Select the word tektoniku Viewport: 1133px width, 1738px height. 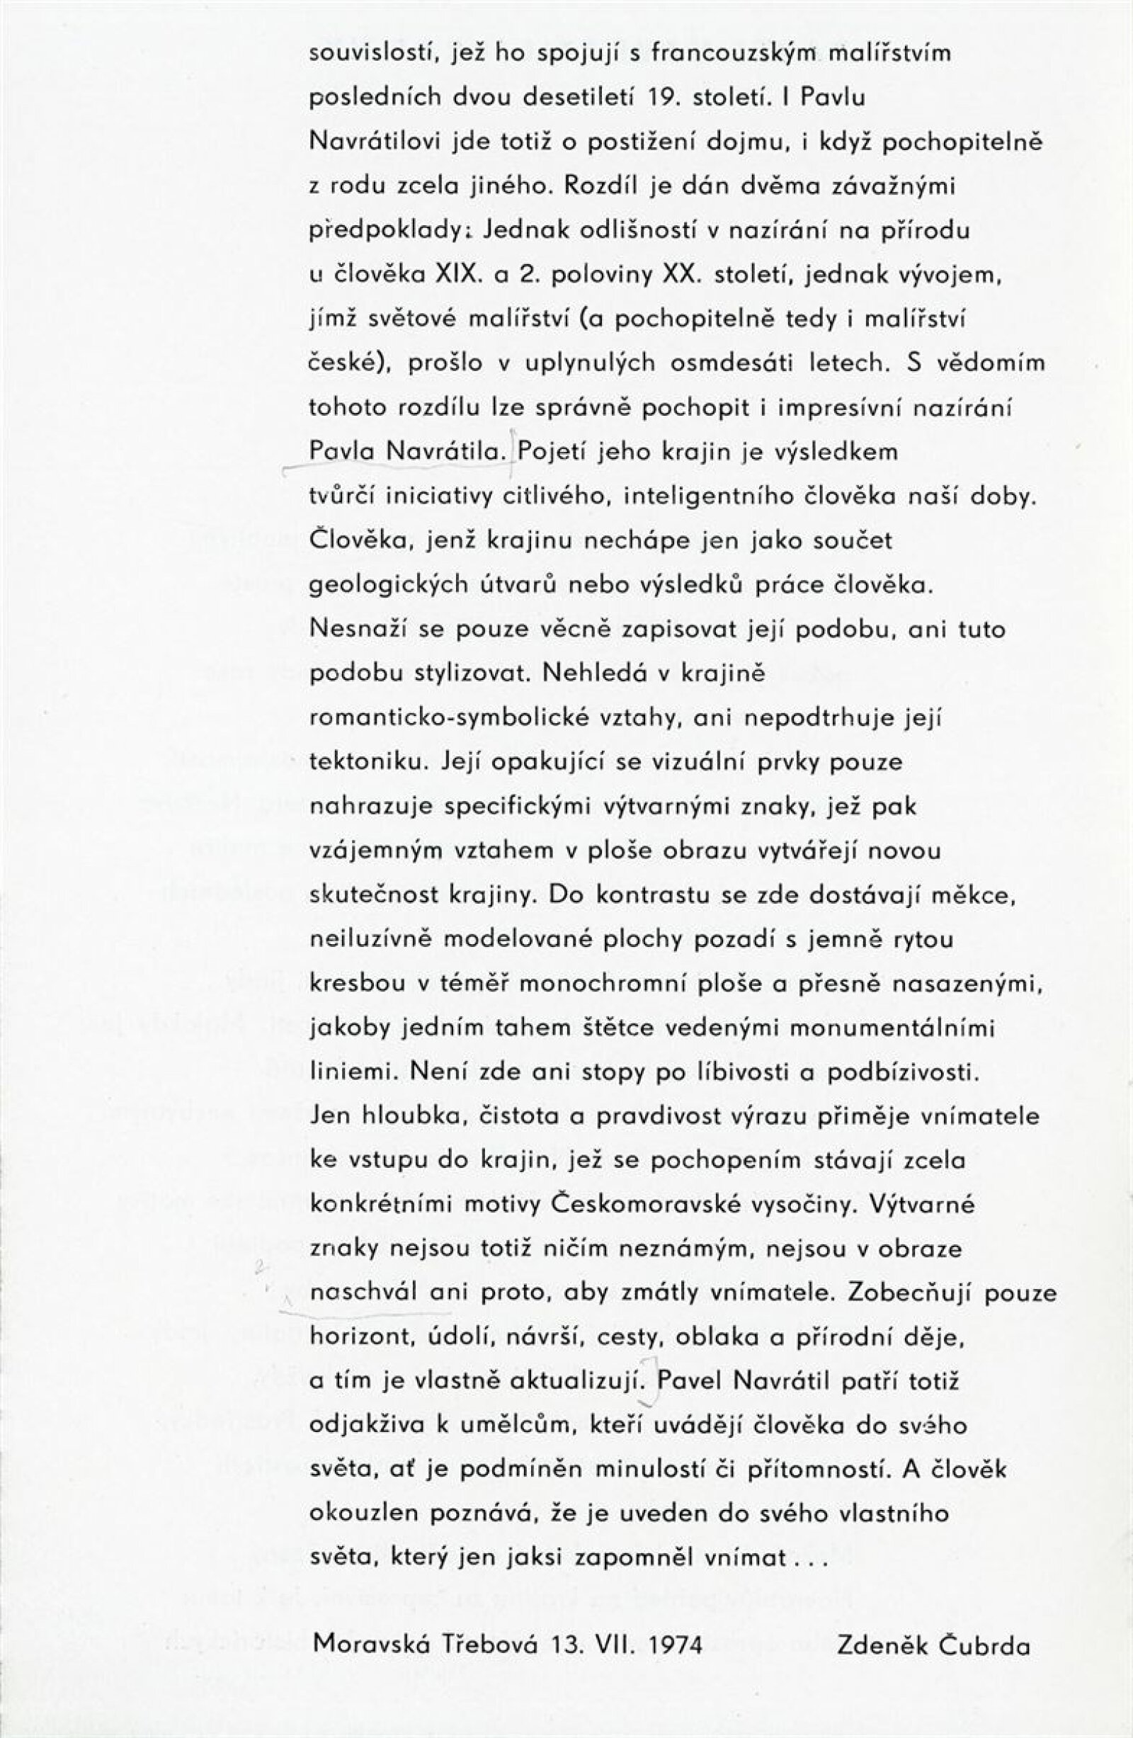(x=372, y=762)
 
